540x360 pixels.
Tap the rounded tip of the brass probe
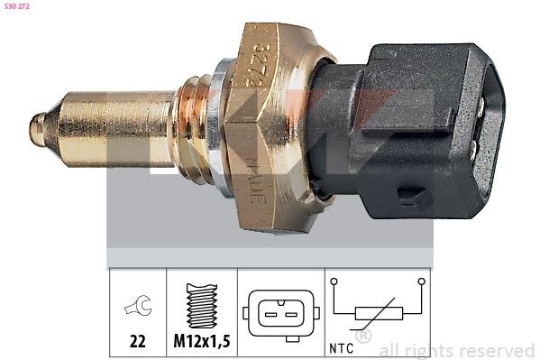point(36,129)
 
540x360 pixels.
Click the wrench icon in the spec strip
point(138,307)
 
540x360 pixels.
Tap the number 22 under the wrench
point(138,344)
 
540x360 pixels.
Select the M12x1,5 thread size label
point(200,344)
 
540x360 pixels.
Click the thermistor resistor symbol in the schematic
point(378,314)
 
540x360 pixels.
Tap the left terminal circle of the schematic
point(334,282)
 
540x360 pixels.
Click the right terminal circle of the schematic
point(421,282)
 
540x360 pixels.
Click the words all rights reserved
point(457,350)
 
